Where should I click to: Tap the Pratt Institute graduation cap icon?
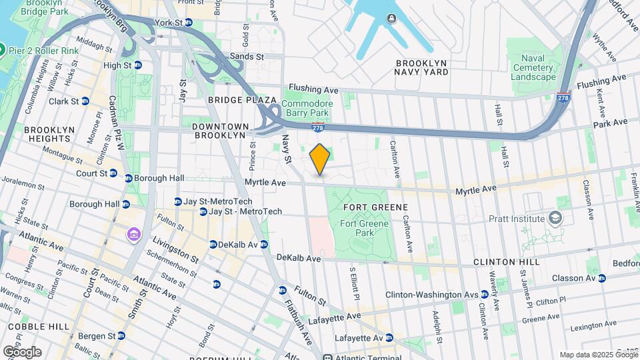[x=555, y=218]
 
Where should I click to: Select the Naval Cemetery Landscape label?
[x=533, y=67]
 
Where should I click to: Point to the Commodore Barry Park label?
[x=307, y=108]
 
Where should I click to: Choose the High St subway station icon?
[x=138, y=65]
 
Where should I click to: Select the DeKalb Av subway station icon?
[x=213, y=245]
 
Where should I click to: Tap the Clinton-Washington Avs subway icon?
[x=485, y=295]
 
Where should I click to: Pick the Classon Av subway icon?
[x=602, y=278]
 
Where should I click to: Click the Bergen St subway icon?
[x=121, y=335]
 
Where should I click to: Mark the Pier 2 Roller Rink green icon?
[x=3, y=50]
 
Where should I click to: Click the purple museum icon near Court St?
[x=133, y=234]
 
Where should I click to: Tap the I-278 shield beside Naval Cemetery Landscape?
[x=564, y=96]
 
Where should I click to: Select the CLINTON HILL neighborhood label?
[x=504, y=262]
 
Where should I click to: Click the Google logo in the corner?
[x=21, y=351]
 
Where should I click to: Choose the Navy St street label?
[x=287, y=149]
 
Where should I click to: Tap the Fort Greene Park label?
[x=365, y=228]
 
